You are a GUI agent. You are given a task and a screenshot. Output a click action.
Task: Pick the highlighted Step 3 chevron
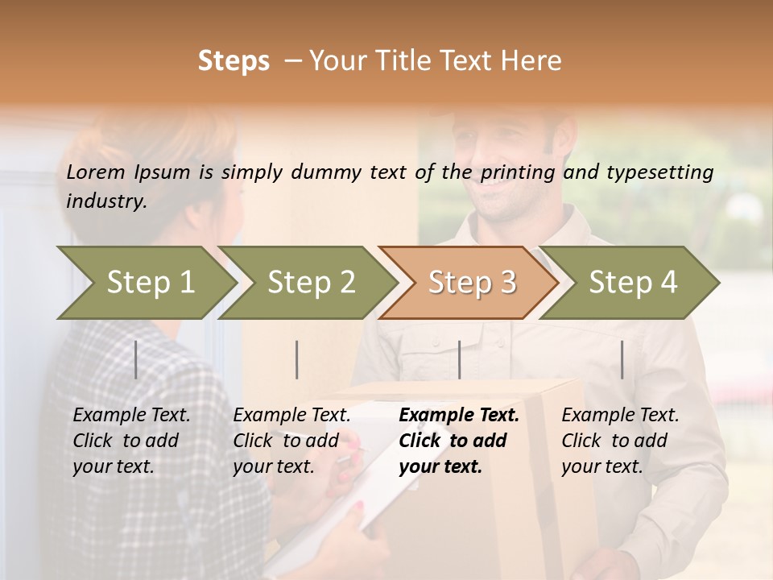(469, 283)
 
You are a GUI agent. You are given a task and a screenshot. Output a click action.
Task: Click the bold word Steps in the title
(234, 61)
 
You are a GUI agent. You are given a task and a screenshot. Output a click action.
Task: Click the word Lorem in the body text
(96, 172)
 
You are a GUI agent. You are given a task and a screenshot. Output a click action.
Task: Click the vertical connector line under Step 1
(136, 360)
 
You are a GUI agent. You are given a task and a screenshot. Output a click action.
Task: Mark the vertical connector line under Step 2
(297, 360)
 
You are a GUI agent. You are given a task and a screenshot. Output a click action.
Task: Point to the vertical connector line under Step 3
(459, 360)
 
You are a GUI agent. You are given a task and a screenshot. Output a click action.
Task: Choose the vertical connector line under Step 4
(622, 360)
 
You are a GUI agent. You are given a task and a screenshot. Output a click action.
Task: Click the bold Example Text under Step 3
(459, 416)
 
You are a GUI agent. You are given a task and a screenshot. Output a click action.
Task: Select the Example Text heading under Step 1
(131, 416)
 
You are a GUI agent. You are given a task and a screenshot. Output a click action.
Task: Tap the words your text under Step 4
(601, 466)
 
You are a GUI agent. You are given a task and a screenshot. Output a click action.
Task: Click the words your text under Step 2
(273, 466)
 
